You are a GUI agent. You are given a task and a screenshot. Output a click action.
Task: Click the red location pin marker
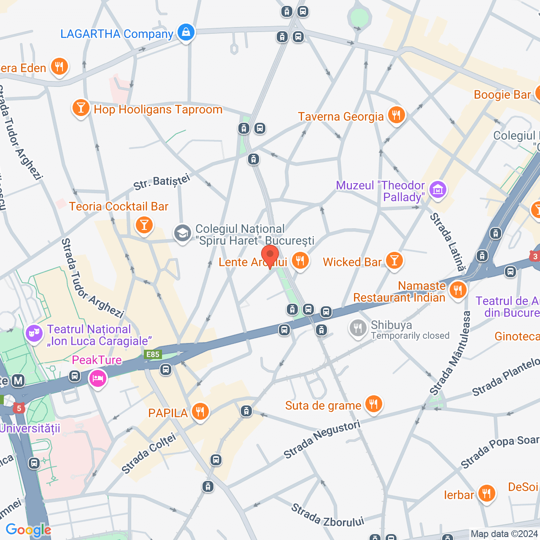[270, 256]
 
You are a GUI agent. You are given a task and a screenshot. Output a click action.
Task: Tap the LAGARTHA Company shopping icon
[186, 32]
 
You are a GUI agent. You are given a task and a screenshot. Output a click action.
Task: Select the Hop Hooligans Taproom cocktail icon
[81, 108]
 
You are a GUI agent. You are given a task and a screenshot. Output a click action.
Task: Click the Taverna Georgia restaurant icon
[396, 114]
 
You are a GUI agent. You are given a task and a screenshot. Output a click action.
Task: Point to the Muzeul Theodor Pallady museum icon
[437, 190]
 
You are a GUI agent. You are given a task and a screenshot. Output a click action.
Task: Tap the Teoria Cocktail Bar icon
[144, 225]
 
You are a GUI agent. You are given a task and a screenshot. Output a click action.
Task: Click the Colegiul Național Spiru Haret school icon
[183, 233]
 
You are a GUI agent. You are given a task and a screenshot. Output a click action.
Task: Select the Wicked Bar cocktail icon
[394, 261]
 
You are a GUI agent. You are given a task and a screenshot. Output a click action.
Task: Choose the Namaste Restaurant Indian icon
[458, 290]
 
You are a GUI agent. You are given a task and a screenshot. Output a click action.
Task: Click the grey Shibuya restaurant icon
[358, 328]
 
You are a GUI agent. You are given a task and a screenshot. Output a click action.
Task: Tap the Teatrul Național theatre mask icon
[34, 333]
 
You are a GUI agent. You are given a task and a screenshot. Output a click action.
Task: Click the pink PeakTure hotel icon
[97, 378]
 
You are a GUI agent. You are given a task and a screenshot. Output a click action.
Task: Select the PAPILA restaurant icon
[200, 411]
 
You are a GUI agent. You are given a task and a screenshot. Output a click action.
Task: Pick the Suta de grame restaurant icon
[373, 404]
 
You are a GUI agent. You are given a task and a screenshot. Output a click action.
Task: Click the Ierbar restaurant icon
[486, 493]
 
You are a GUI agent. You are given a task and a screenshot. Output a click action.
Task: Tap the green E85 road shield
[153, 354]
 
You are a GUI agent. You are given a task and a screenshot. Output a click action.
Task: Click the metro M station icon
[18, 381]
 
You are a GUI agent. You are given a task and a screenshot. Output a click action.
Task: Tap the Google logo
[28, 530]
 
